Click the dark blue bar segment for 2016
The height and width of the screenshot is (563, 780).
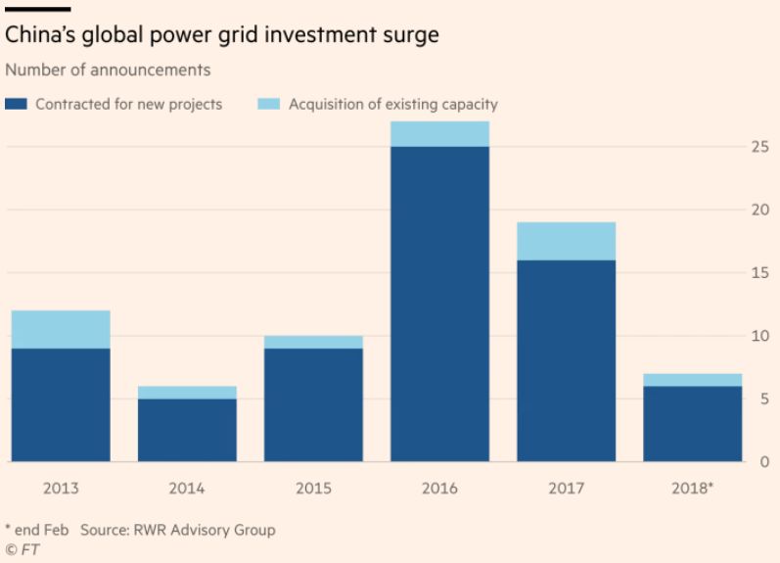(x=439, y=304)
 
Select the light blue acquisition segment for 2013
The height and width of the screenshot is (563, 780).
(x=61, y=329)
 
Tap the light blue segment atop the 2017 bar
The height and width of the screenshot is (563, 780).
(x=567, y=241)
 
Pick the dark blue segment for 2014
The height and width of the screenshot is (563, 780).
(x=187, y=430)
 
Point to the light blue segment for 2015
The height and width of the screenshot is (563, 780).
(x=313, y=342)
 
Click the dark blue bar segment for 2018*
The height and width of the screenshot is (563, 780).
(x=693, y=423)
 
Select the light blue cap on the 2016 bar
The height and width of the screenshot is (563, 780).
(x=439, y=134)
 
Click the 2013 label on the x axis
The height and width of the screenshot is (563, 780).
(x=61, y=487)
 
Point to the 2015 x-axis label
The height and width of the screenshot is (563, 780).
(x=313, y=487)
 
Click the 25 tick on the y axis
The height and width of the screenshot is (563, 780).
(x=758, y=147)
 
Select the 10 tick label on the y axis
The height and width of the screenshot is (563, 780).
(x=758, y=336)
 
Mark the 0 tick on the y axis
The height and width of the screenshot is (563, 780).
(x=763, y=461)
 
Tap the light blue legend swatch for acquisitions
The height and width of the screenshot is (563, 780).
(x=268, y=104)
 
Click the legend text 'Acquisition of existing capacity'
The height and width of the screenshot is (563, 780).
(x=392, y=104)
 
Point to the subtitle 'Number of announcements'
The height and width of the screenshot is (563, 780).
(x=108, y=70)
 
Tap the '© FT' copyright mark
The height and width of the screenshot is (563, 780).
(x=23, y=549)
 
